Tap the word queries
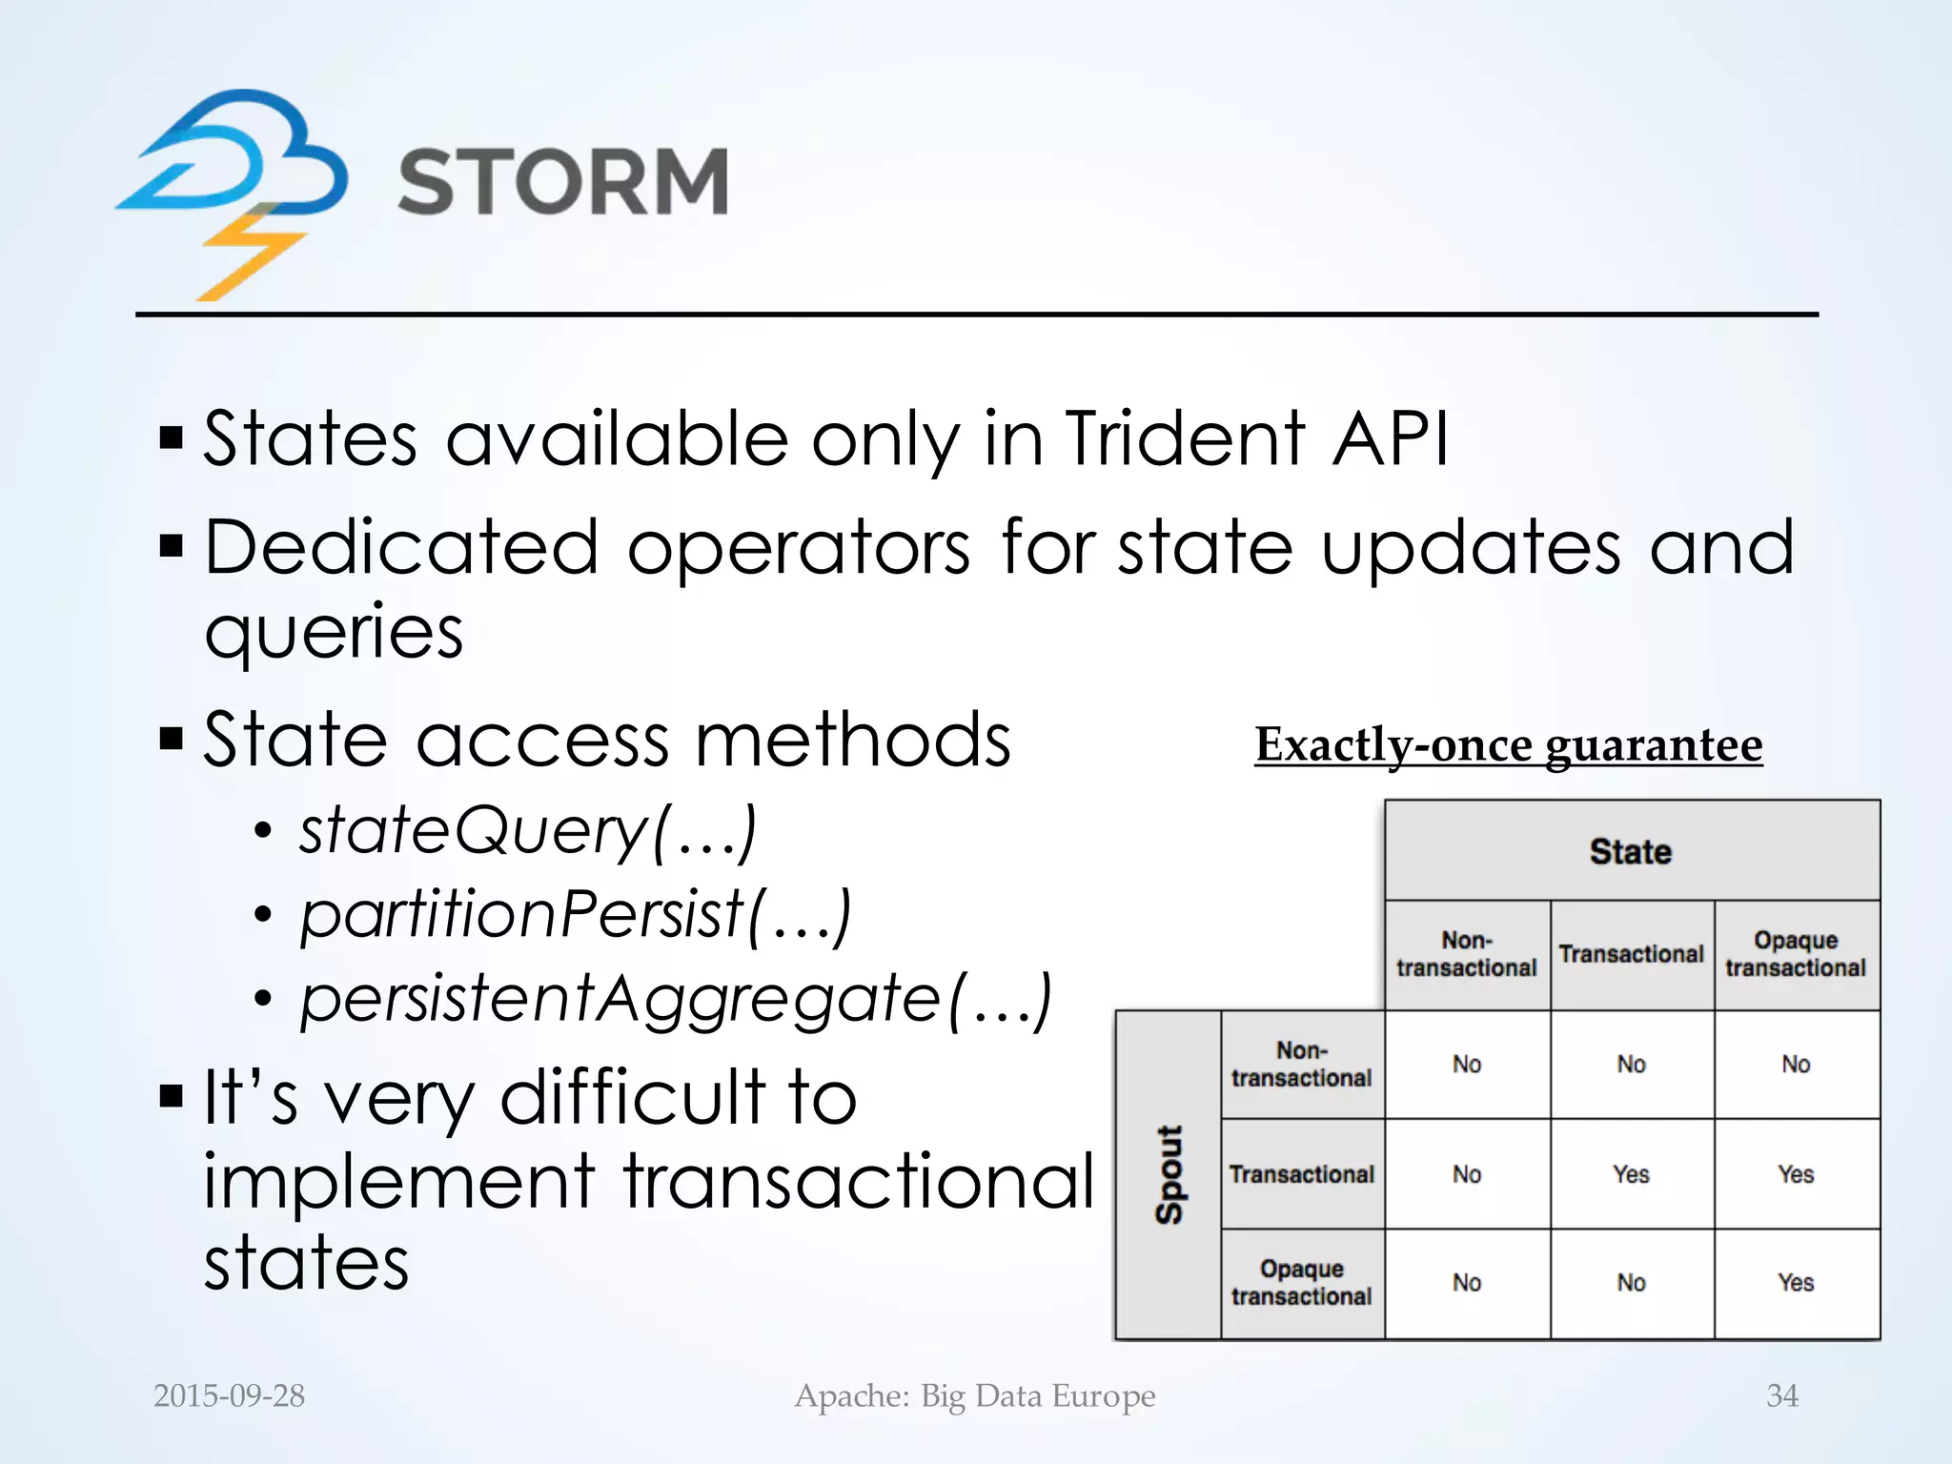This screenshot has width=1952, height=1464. tap(334, 631)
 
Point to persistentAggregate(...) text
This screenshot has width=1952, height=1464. tap(676, 999)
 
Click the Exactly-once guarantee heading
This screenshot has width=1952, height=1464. tap(1508, 744)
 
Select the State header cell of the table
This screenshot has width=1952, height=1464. tap(1631, 851)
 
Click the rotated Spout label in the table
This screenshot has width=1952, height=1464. tap(1169, 1174)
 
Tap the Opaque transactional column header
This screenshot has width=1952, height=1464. tap(1796, 954)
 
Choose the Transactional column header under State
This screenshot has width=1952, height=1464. tap(1631, 954)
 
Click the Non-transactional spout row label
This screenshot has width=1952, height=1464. tap(1301, 1065)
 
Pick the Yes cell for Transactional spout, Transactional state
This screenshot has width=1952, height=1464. tap(1631, 1174)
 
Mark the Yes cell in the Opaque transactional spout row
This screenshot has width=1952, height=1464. tap(1796, 1283)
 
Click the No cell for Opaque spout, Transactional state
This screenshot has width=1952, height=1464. tap(1631, 1283)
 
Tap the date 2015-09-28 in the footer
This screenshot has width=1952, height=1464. tap(229, 1395)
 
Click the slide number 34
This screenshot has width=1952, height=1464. tap(1781, 1395)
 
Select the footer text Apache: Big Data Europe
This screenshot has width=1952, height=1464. tap(975, 1395)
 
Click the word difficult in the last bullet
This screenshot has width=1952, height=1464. tap(634, 1098)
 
